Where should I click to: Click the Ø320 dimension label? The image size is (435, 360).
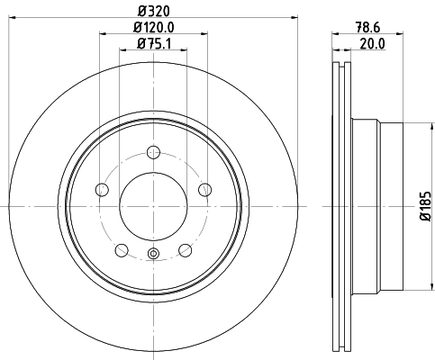coord(153,12)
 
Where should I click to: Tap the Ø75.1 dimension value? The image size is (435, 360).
coord(153,45)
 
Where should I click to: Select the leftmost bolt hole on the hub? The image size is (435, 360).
coord(102,189)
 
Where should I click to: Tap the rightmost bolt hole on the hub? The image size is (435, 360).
coord(205,189)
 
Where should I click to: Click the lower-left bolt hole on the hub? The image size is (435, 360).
coord(122,249)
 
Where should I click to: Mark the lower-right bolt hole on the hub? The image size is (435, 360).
coord(185,249)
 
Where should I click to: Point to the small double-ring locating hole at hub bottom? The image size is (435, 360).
coord(153,253)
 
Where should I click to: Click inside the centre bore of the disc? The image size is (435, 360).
coord(153,206)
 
